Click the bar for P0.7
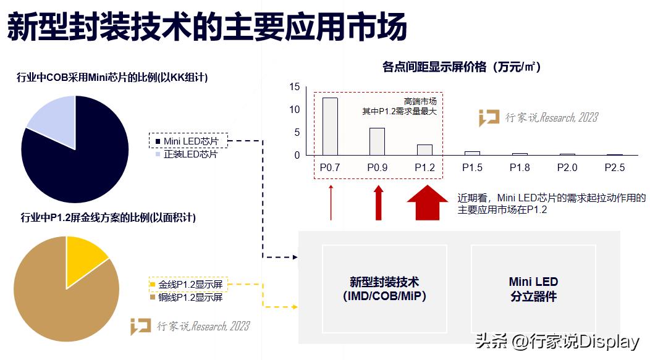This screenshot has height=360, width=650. click(330, 126)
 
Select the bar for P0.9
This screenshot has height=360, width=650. click(377, 141)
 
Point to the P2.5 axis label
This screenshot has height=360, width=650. click(614, 167)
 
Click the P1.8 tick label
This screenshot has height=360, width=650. click(520, 167)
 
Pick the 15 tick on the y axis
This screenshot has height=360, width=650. click(294, 87)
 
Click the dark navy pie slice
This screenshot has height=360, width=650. click(80, 161)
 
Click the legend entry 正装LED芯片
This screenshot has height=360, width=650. click(190, 154)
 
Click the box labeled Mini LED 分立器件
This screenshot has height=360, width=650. click(533, 289)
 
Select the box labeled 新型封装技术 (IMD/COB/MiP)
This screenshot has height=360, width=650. click(384, 289)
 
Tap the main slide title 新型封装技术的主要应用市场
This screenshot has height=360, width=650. click(207, 28)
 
